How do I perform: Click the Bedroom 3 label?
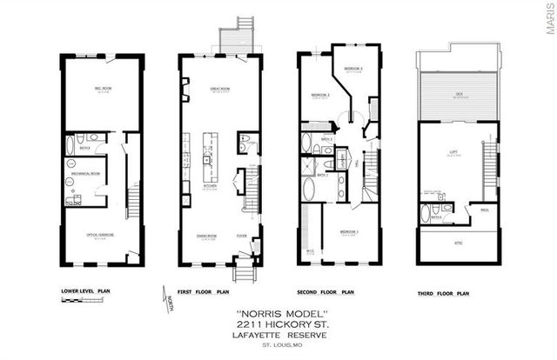coord(352,69)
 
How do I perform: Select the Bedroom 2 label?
coord(319,96)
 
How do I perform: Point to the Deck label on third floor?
coord(459,97)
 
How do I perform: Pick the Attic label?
coord(459,243)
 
